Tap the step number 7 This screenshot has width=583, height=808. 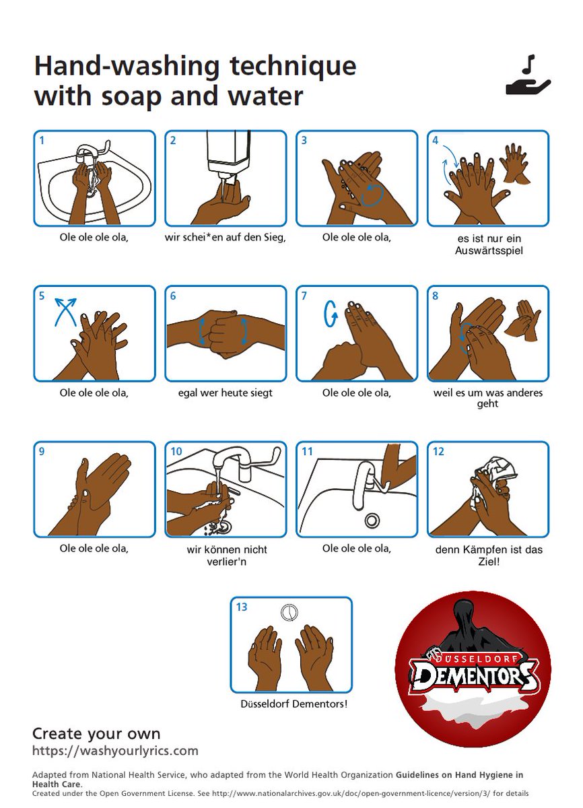tap(304, 296)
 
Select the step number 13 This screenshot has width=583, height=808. tap(242, 607)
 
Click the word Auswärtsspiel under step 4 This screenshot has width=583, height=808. tap(489, 250)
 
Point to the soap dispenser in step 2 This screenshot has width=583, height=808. tap(228, 155)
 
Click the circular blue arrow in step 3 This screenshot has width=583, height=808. tap(372, 195)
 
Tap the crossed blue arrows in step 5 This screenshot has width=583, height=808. tap(65, 312)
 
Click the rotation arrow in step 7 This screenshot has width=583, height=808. tap(331, 314)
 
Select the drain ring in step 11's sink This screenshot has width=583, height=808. tap(372, 520)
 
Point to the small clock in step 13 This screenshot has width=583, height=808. tap(289, 613)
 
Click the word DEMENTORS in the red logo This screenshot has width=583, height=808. tap(475, 675)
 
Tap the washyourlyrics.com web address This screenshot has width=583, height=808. tap(115, 750)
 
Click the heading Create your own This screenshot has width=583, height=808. tap(96, 734)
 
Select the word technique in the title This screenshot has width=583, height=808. tap(293, 67)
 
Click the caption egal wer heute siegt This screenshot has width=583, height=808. tap(225, 393)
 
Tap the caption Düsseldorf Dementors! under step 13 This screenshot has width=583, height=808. tap(294, 704)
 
